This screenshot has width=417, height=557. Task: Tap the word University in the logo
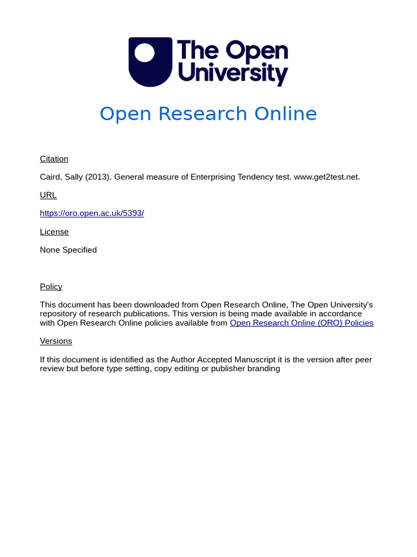pyautogui.click(x=233, y=73)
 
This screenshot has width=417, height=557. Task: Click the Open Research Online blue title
pyautogui.click(x=208, y=114)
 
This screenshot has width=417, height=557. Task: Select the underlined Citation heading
pyautogui.click(x=54, y=159)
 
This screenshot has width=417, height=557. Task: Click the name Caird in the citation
pyautogui.click(x=50, y=177)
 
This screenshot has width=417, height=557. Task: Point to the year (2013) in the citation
pyautogui.click(x=97, y=177)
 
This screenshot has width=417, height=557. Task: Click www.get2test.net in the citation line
pyautogui.click(x=326, y=177)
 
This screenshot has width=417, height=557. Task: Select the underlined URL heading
pyautogui.click(x=48, y=195)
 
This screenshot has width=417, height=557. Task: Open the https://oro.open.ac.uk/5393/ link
pyautogui.click(x=92, y=213)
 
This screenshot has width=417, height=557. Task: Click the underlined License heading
pyautogui.click(x=54, y=232)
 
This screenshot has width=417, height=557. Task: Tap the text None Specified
pyautogui.click(x=68, y=250)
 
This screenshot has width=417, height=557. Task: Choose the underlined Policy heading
pyautogui.click(x=51, y=287)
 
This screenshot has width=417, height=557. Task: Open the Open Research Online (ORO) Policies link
pyautogui.click(x=301, y=323)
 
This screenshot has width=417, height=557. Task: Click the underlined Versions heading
pyautogui.click(x=56, y=341)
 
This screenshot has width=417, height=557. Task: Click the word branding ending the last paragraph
pyautogui.click(x=263, y=369)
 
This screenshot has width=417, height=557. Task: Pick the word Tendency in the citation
pyautogui.click(x=257, y=177)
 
